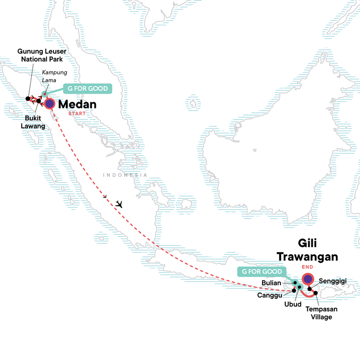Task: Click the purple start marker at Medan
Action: [x=49, y=104]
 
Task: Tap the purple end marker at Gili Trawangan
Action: [x=307, y=279]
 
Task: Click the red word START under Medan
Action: [x=76, y=113]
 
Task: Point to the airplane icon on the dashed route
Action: [x=119, y=204]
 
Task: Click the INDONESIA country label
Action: [x=125, y=175]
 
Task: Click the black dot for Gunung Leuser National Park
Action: [x=28, y=98]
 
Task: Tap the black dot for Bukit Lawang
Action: [x=39, y=101]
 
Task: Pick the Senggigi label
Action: [x=332, y=281]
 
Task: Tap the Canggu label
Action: [x=271, y=295]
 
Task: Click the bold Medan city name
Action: [x=77, y=104]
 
